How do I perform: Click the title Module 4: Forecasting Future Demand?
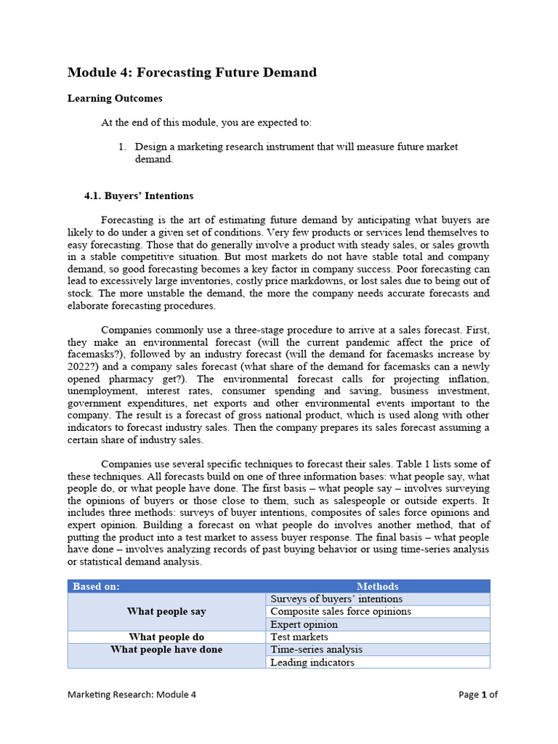click(192, 73)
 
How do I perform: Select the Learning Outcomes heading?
click(115, 98)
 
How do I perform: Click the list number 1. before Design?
click(123, 147)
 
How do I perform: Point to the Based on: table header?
click(97, 586)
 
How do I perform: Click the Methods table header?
click(377, 586)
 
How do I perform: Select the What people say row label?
click(166, 612)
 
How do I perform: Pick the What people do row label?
click(166, 637)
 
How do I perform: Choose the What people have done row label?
click(166, 650)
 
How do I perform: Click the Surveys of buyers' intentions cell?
click(336, 599)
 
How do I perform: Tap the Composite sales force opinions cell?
click(340, 612)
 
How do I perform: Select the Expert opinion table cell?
click(304, 625)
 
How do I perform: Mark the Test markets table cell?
click(299, 637)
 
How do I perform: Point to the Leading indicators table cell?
click(312, 663)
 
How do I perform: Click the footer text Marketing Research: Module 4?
click(132, 694)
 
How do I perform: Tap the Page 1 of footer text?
click(478, 694)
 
